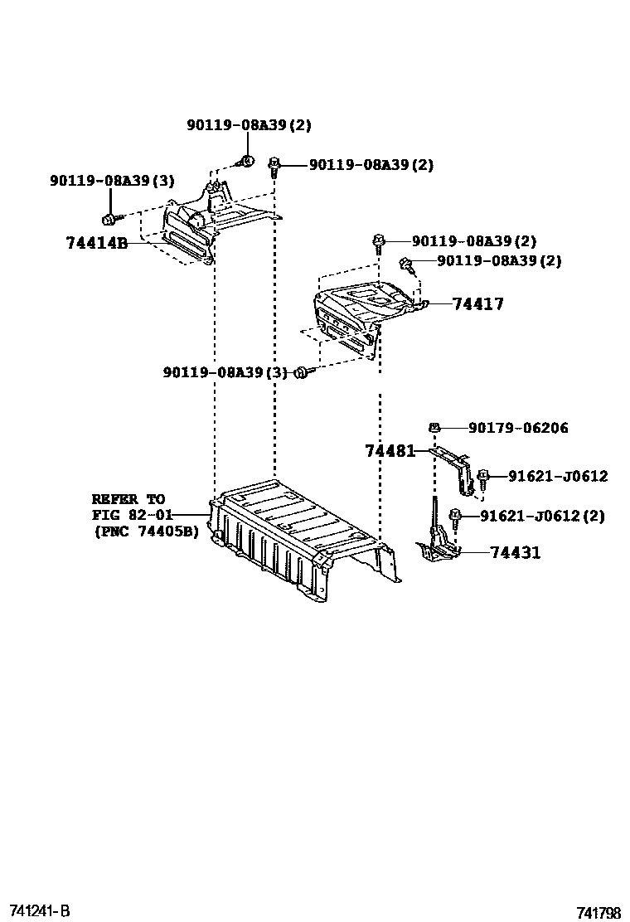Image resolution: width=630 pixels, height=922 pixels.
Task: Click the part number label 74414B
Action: pyautogui.click(x=96, y=243)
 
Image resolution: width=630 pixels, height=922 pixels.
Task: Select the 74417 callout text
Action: pyautogui.click(x=478, y=304)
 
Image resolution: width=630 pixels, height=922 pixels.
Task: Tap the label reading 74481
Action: pyautogui.click(x=390, y=451)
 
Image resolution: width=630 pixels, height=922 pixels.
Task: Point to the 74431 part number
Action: pyautogui.click(x=515, y=552)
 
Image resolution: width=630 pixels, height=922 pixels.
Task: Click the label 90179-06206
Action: pyautogui.click(x=518, y=428)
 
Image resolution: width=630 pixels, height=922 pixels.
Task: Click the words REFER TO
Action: pyautogui.click(x=128, y=499)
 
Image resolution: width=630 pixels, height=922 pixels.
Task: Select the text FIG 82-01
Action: pyautogui.click(x=128, y=515)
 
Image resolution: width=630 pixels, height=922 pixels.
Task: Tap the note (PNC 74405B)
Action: pyautogui.click(x=147, y=531)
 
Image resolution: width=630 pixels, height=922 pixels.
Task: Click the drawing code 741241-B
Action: pyautogui.click(x=40, y=910)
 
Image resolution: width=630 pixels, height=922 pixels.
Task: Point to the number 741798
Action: pyautogui.click(x=598, y=913)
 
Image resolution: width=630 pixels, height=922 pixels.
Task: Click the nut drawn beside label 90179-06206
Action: pyautogui.click(x=434, y=428)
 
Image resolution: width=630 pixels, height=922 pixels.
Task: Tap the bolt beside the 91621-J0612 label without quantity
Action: pyautogui.click(x=483, y=477)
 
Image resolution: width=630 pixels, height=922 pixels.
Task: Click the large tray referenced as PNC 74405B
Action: pyautogui.click(x=298, y=539)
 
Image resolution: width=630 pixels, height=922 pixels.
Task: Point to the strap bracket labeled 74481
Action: pyautogui.click(x=456, y=468)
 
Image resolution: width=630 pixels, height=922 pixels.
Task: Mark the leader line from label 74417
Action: pyautogui.click(x=439, y=303)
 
